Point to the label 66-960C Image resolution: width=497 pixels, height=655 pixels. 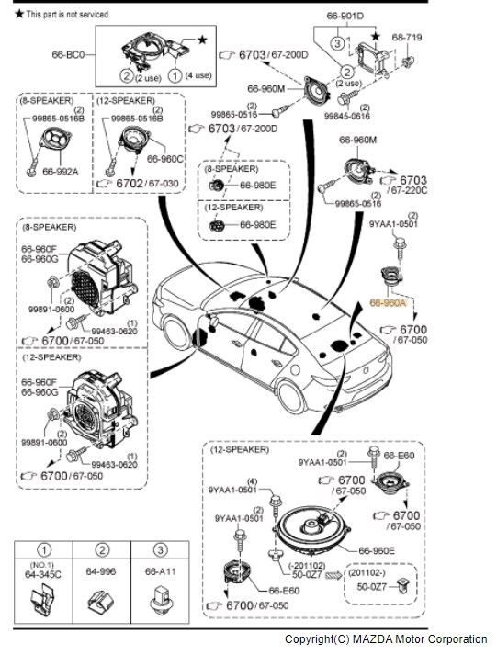pyautogui.click(x=165, y=159)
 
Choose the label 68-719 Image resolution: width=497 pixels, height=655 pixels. pyautogui.click(x=407, y=38)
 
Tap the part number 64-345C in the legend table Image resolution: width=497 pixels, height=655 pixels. pyautogui.click(x=42, y=575)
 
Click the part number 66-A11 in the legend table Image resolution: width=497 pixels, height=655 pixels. pyautogui.click(x=157, y=570)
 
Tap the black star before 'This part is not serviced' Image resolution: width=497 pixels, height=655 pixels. pyautogui.click(x=18, y=15)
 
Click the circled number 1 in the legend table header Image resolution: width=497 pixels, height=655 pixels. pyautogui.click(x=42, y=549)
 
